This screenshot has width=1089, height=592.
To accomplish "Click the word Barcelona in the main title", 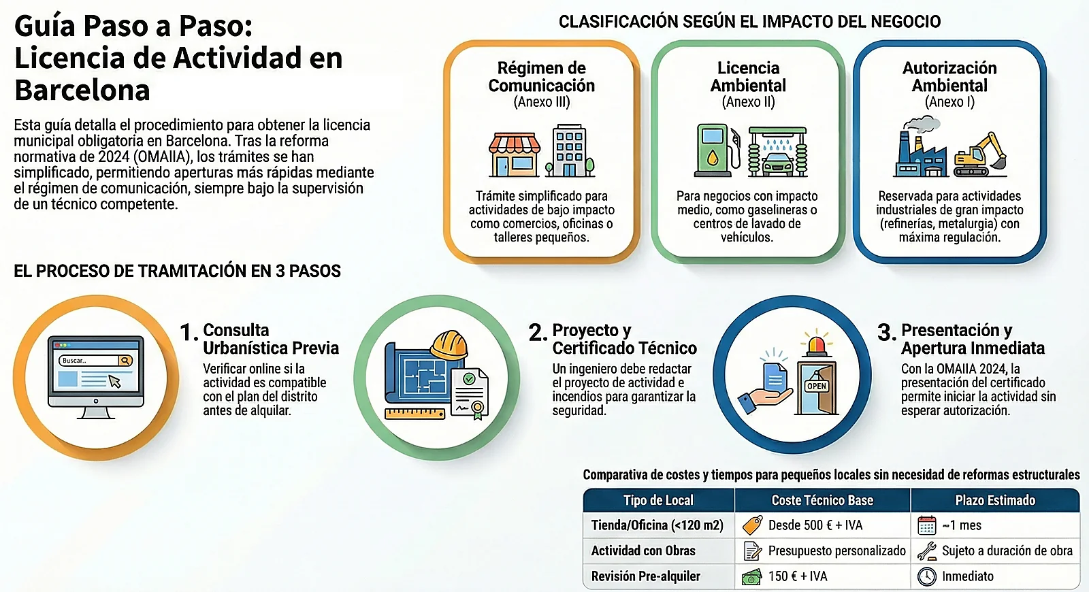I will [x=82, y=90].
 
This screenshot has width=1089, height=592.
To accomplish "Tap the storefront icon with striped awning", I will [x=515, y=153].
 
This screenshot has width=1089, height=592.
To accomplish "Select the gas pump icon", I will [x=715, y=150].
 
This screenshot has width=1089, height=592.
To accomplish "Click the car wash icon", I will [x=777, y=151].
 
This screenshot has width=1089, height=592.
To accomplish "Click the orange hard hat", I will [x=449, y=346].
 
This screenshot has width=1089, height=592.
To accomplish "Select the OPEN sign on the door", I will [x=816, y=386].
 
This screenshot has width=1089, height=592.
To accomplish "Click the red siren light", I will [x=817, y=344].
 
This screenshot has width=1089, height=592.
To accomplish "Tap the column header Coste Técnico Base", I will [x=822, y=500].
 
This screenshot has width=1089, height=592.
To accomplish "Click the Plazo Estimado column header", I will [x=995, y=500].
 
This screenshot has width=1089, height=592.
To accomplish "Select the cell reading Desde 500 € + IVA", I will [x=815, y=525].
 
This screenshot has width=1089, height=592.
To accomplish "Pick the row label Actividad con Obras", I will [x=643, y=550].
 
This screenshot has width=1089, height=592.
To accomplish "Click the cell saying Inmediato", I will [x=967, y=576].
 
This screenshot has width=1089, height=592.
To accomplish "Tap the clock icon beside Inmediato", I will [x=926, y=576].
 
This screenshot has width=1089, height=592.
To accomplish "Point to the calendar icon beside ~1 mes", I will [x=926, y=525].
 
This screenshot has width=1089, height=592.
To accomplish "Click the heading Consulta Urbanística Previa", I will [x=270, y=339].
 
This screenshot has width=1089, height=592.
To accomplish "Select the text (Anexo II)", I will [x=748, y=102].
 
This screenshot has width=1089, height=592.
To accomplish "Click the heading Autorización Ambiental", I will [x=949, y=77].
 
